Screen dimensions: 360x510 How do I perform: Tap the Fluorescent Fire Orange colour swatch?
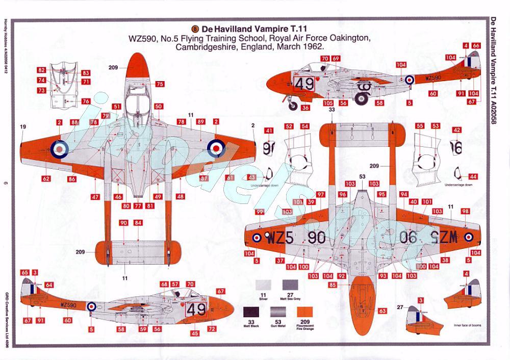[x=304, y=313]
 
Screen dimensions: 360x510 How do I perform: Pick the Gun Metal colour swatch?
[x=278, y=313]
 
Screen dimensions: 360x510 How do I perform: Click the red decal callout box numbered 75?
[x=160, y=84]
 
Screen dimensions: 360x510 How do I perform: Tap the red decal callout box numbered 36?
[x=305, y=108]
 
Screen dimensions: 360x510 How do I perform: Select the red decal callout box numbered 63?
[x=382, y=310]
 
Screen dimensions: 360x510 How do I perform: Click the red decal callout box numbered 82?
[x=41, y=70]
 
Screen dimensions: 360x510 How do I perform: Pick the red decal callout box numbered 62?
[x=46, y=178]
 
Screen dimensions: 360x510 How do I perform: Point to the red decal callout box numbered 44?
[x=473, y=176]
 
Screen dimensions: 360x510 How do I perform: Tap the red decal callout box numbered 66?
[x=476, y=46]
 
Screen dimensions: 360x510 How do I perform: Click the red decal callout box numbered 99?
[x=260, y=212]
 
